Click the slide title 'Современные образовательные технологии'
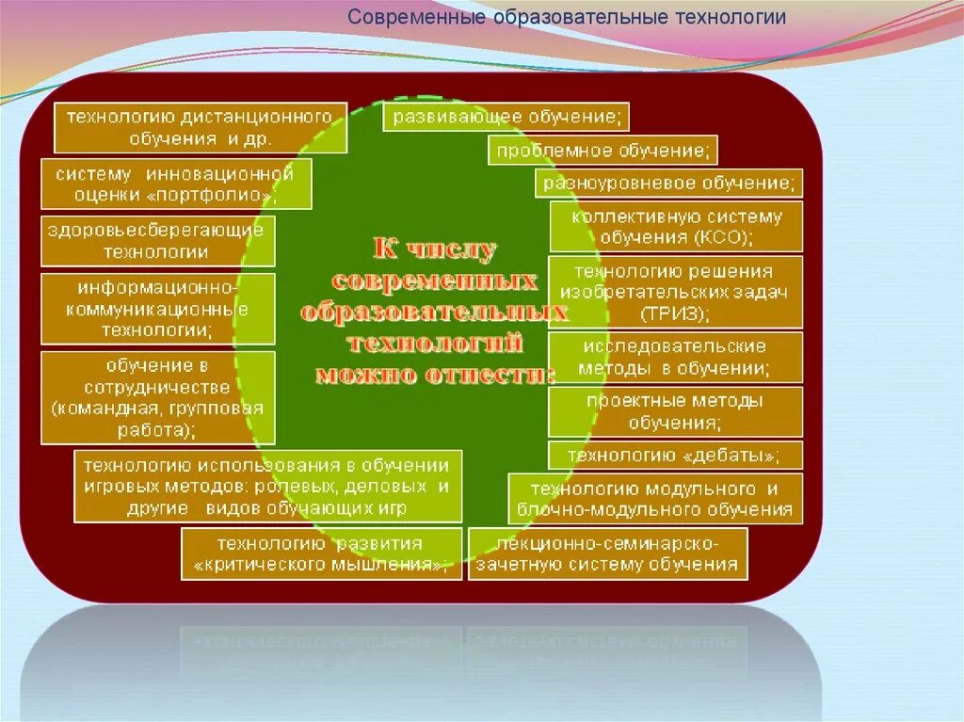pyautogui.click(x=567, y=18)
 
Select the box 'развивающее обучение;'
pyautogui.click(x=506, y=118)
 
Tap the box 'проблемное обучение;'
pyautogui.click(x=602, y=151)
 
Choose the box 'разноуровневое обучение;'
pyautogui.click(x=669, y=183)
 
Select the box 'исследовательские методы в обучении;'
pyautogui.click(x=675, y=357)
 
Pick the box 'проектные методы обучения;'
pyautogui.click(x=675, y=411)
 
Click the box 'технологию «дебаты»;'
pyautogui.click(x=675, y=456)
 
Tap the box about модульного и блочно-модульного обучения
pyautogui.click(x=655, y=499)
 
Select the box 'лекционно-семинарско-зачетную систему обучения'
pyautogui.click(x=607, y=554)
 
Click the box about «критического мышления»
pyautogui.click(x=321, y=554)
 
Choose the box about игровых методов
pyautogui.click(x=268, y=486)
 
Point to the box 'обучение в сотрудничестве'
pyautogui.click(x=158, y=397)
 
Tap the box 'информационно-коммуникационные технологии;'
pyautogui.click(x=158, y=309)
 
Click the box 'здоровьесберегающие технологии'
pyautogui.click(x=158, y=241)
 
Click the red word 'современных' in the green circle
pyautogui.click(x=434, y=281)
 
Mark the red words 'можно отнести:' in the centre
pyautogui.click(x=434, y=374)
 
